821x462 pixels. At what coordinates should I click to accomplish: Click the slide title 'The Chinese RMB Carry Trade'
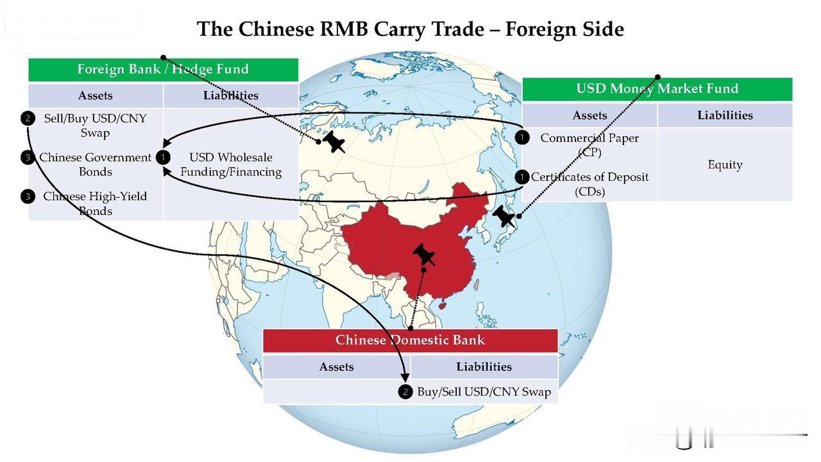pos(410,29)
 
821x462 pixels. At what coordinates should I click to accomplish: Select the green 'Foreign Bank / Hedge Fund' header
pos(163,69)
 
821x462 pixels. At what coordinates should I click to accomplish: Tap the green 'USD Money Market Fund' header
pos(657,89)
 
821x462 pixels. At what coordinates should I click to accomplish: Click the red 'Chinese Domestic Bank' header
pos(410,340)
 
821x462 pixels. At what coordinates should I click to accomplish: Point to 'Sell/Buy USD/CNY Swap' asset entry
pos(95,125)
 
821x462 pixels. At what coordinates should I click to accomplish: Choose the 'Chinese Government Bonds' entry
pos(95,164)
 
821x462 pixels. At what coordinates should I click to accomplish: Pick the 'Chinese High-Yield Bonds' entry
pos(95,203)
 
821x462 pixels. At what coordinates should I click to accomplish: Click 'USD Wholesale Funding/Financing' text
pos(231,164)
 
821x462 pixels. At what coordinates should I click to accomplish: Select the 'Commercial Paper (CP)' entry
pos(589,144)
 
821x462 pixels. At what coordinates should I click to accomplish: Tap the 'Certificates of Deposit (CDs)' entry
pos(589,184)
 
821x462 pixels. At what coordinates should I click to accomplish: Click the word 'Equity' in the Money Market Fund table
pos(725,164)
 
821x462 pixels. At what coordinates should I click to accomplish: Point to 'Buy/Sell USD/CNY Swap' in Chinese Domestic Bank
pos(484,392)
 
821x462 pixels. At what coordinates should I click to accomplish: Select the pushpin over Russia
pos(334,142)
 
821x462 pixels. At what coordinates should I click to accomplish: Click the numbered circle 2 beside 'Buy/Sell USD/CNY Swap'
pos(405,392)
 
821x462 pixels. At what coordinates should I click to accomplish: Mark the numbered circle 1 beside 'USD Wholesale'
pos(164,157)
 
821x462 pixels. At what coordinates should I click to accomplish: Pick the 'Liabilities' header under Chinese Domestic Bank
pos(484,366)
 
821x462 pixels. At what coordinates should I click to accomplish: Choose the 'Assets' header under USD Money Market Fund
pos(589,116)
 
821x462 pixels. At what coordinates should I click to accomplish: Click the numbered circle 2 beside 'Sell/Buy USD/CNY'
pos(28,118)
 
